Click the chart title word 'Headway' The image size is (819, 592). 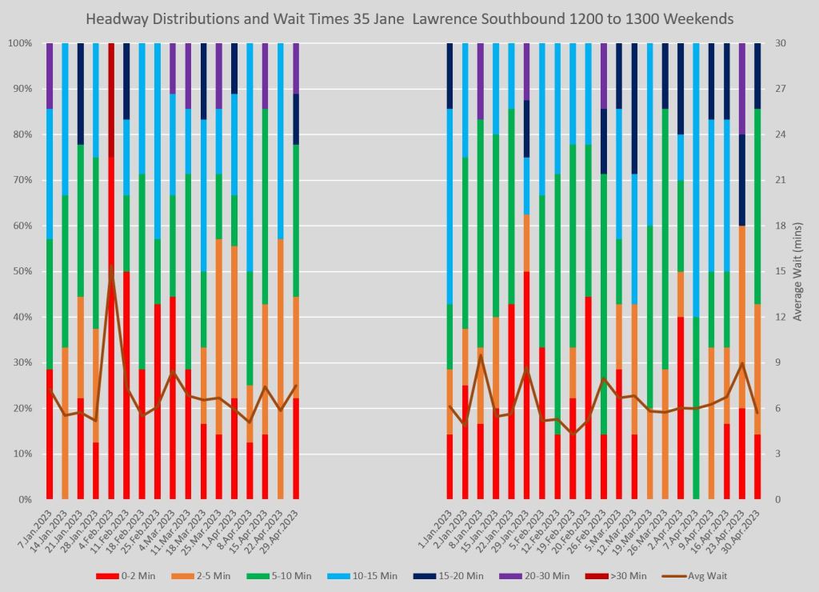click(117, 18)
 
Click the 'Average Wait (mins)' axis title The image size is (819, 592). click(797, 271)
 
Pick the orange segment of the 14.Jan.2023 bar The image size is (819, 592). click(65, 423)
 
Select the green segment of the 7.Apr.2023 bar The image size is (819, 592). click(696, 408)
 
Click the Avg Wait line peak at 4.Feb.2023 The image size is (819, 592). click(111, 276)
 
